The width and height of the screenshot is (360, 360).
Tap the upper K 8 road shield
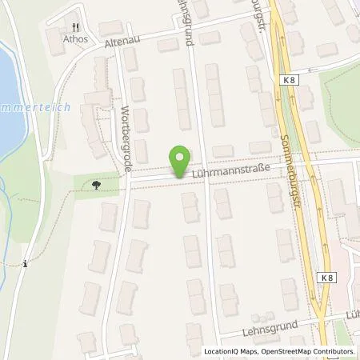[288, 80]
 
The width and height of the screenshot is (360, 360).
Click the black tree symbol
[96, 184]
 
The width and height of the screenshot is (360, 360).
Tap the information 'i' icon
[26, 263]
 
